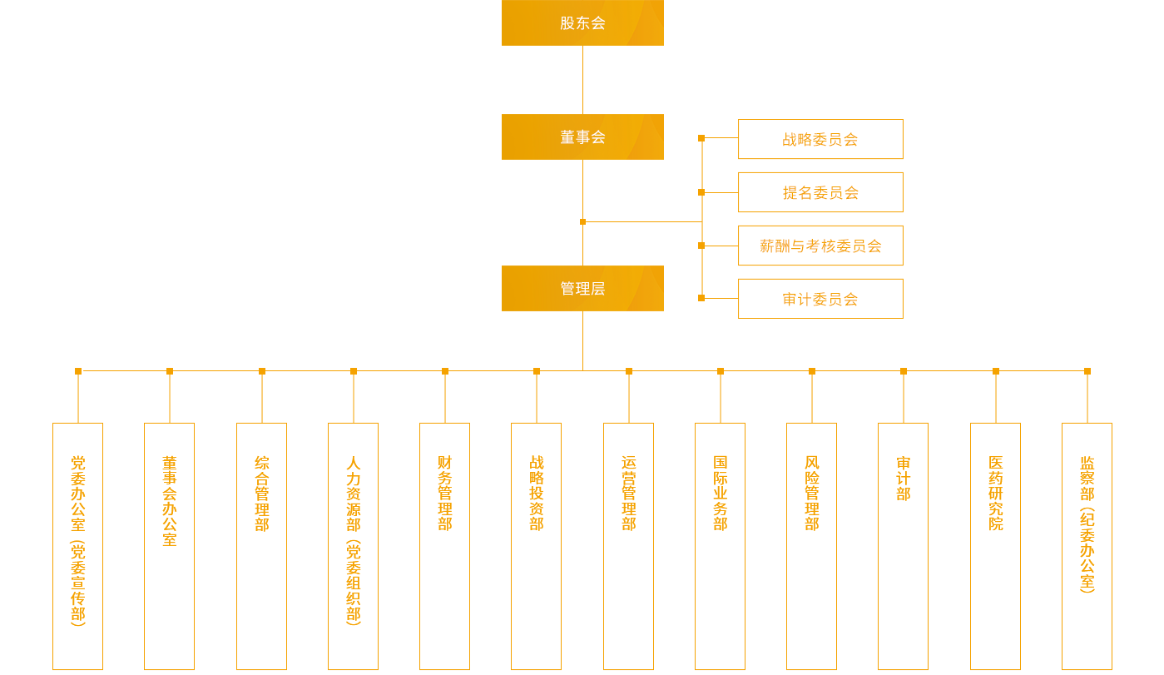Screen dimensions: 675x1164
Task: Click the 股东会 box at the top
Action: (582, 22)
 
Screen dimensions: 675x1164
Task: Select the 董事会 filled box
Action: (582, 136)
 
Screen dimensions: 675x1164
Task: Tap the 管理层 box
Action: (582, 288)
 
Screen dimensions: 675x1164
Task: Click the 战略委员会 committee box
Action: (820, 139)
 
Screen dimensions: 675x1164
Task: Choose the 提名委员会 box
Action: (820, 192)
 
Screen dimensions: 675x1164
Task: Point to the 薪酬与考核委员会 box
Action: (820, 246)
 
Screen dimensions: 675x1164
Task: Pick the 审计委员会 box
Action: (820, 299)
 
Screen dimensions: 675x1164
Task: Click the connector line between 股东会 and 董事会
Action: (582, 80)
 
